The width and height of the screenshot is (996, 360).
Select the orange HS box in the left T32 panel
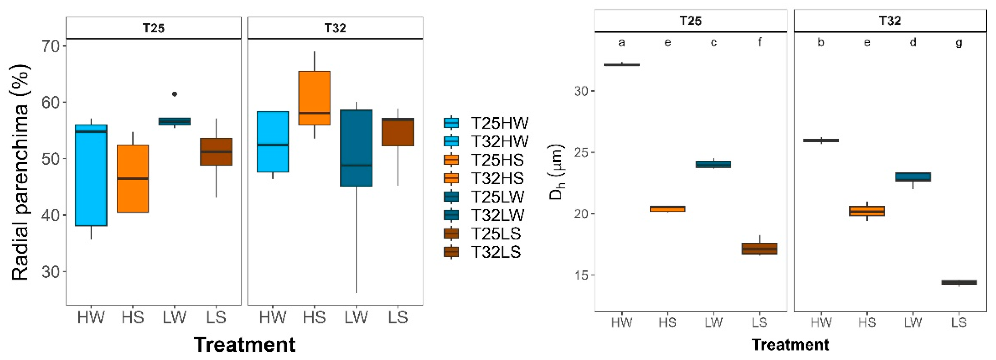coord(314,98)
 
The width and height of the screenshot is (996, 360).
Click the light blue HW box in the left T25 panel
coord(91,175)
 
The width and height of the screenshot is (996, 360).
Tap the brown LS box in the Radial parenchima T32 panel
coord(398,132)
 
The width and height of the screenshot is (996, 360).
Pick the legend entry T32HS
coord(497,178)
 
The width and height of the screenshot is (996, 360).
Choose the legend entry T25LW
coord(497,197)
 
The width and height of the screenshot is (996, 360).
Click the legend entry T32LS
coord(496,252)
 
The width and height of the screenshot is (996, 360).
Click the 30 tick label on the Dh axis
coord(581,91)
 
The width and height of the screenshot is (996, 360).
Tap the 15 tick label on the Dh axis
coord(581,275)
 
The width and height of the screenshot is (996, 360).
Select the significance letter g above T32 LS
coord(959,42)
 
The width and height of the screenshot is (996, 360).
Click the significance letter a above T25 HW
coord(621,42)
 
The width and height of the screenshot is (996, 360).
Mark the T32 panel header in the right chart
coord(890,21)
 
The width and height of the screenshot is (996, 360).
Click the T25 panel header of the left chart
coord(153,28)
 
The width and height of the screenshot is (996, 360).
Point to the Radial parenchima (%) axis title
coord(20,172)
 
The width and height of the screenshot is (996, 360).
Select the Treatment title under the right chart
coord(790,345)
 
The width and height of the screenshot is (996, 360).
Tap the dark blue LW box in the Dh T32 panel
coord(913,177)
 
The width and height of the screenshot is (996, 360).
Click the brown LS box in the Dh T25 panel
coord(759,249)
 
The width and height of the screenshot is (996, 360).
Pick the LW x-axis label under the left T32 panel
coord(356,318)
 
